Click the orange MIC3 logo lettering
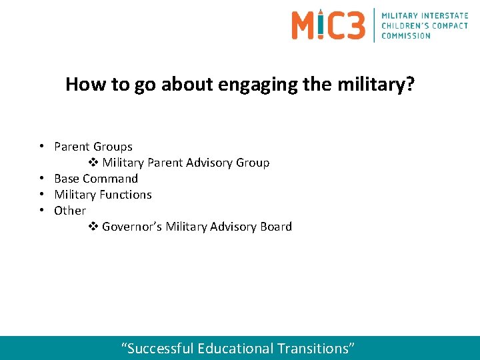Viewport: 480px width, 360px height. click(x=328, y=25)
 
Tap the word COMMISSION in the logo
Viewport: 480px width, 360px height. click(x=406, y=35)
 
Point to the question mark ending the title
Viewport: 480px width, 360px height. click(x=409, y=85)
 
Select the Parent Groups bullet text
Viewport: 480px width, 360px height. click(x=93, y=147)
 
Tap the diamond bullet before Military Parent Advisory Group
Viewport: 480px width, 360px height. click(x=93, y=163)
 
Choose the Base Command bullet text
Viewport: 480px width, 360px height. click(x=96, y=179)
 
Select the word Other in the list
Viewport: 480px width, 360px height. click(x=70, y=211)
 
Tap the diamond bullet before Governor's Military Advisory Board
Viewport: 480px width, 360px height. click(x=93, y=227)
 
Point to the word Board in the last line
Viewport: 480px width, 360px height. click(x=276, y=227)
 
